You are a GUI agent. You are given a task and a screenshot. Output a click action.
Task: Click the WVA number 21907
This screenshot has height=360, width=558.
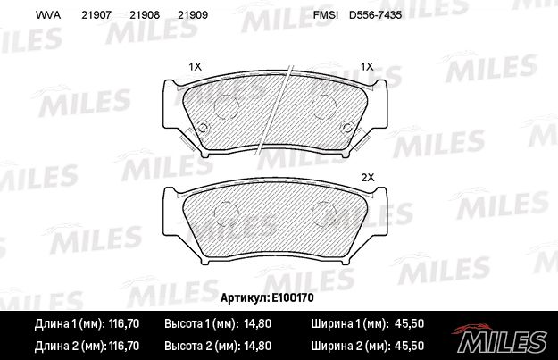[96, 15]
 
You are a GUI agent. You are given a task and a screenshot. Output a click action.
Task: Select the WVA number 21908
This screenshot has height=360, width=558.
[145, 15]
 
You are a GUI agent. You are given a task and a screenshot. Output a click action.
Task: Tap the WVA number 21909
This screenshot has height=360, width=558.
[193, 15]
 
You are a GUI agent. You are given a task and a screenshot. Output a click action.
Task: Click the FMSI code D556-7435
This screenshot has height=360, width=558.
[375, 15]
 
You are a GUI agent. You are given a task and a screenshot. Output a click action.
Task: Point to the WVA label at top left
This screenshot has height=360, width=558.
[48, 15]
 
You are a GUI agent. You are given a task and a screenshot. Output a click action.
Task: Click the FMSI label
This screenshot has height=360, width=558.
[325, 15]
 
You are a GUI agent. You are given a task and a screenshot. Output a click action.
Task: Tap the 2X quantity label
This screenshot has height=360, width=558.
[368, 178]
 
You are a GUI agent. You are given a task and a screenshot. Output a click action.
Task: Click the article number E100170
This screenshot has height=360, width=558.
[293, 297]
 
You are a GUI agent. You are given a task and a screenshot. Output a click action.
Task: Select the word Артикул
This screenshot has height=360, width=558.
[245, 297]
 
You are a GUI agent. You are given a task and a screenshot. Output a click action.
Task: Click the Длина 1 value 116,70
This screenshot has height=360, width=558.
[123, 323]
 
